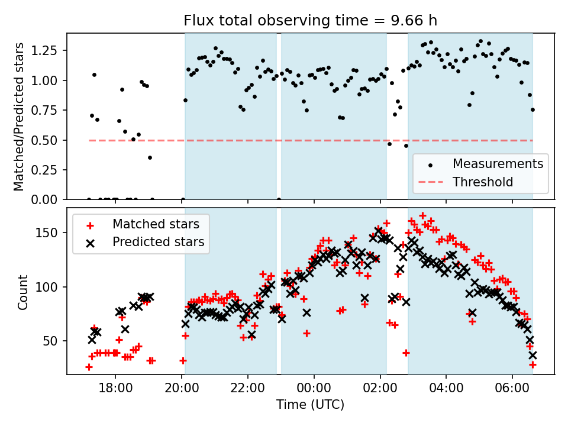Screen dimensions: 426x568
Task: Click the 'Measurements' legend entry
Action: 498,163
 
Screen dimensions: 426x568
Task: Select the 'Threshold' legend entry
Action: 483,182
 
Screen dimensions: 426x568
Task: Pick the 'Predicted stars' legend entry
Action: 158,242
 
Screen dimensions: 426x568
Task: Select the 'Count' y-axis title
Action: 23,292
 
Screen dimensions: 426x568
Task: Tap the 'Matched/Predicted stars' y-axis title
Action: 19,117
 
